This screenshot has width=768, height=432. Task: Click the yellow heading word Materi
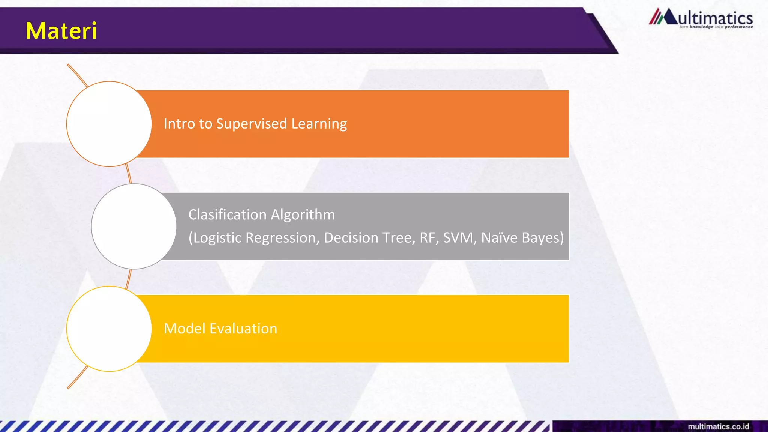pos(61,31)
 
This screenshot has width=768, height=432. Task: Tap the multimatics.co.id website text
pos(718,426)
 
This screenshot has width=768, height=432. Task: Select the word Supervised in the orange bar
pos(252,124)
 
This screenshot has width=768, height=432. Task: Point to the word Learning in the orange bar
pos(319,124)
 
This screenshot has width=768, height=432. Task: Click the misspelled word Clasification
pos(227,215)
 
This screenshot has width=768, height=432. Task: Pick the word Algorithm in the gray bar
pos(303,215)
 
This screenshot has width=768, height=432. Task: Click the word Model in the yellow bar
pos(184,328)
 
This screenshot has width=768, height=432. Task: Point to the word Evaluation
pos(243,328)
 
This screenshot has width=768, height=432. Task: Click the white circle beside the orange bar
pos(109,124)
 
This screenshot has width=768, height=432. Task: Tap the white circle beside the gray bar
pos(134,226)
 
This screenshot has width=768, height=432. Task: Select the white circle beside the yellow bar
pos(109,329)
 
